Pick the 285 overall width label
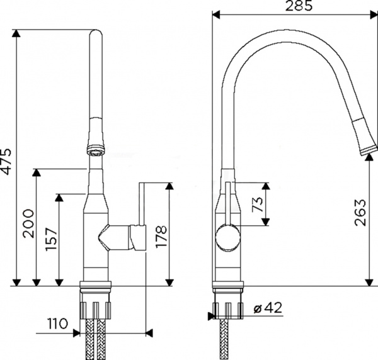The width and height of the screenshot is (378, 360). pyautogui.click(x=290, y=8)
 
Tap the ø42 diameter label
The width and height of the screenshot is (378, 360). pyautogui.click(x=265, y=308)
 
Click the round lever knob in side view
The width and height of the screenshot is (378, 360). pyautogui.click(x=227, y=239)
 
